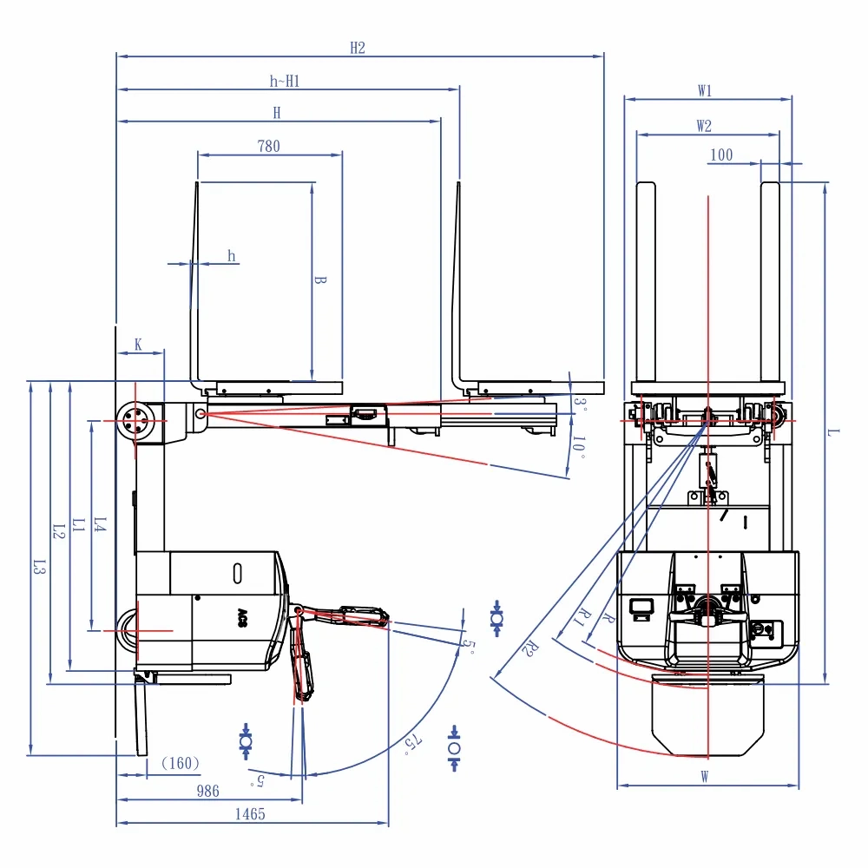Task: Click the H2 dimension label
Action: point(358,48)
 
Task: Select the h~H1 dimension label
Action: point(285,82)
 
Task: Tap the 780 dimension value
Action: point(269,146)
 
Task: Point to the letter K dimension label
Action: point(138,345)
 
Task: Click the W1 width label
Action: point(705,91)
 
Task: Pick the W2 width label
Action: point(704,126)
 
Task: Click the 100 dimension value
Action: point(721,155)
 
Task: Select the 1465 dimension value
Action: point(250,814)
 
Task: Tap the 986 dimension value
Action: point(208,791)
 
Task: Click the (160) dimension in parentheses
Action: point(181,763)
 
